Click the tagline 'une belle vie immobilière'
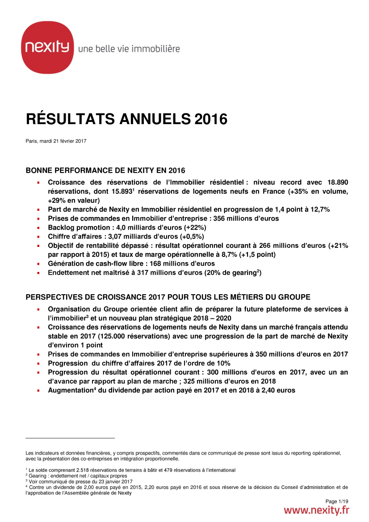[129, 49]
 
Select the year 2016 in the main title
[210, 119]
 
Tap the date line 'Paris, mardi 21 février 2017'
[56, 141]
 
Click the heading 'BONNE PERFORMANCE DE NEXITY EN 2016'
[105, 171]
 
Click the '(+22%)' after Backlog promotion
[192, 228]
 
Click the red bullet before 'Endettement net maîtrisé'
[38, 273]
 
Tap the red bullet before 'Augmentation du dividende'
[38, 390]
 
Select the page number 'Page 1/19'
[337, 501]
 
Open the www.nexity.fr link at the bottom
[317, 510]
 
